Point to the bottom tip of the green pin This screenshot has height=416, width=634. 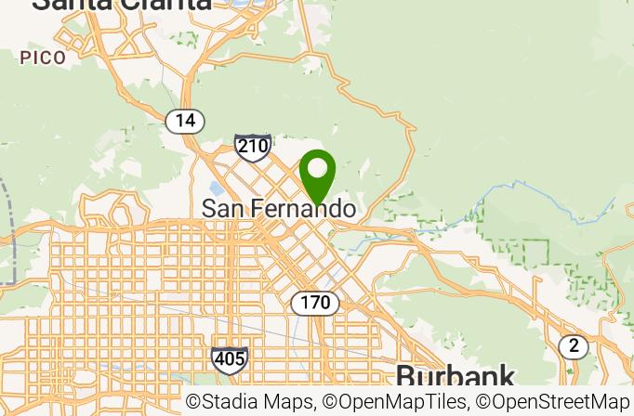317,205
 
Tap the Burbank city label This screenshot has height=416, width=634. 455,376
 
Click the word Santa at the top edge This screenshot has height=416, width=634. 71,4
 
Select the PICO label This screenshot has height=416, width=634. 43,58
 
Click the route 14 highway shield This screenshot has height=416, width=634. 185,120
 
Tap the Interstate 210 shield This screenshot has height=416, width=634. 253,146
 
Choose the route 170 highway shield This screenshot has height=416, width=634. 315,303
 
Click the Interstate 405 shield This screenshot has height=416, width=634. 229,359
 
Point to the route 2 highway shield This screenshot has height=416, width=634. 574,346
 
